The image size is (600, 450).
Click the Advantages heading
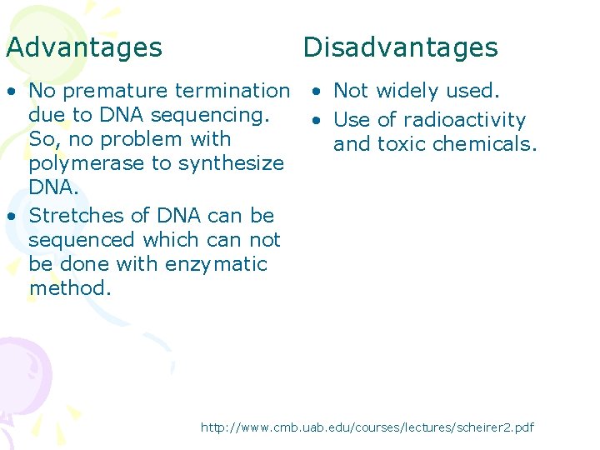[84, 47]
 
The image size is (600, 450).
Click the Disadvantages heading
[400, 47]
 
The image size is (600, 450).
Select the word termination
[232, 90]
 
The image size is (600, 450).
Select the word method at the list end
[69, 288]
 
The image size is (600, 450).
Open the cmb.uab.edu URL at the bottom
[367, 427]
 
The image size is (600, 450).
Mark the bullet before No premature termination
[11, 91]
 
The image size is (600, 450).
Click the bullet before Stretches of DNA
[11, 216]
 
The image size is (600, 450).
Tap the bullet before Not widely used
[317, 91]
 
